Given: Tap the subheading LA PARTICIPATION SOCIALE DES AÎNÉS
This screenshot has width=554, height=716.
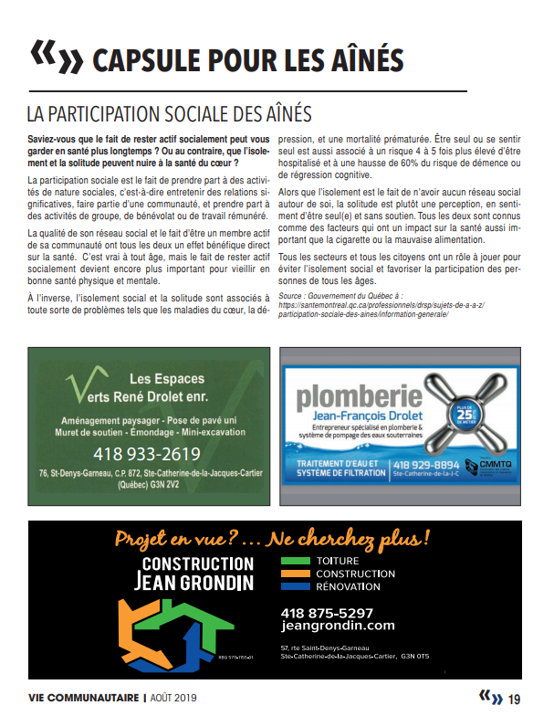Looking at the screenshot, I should [x=169, y=114].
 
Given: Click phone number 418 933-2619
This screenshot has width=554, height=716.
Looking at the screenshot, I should [x=147, y=454].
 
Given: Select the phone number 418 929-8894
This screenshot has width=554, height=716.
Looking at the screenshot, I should [x=426, y=466].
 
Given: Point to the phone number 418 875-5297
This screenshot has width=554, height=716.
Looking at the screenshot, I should [x=329, y=612].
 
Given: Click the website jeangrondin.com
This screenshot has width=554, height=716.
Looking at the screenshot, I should [x=339, y=626].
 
